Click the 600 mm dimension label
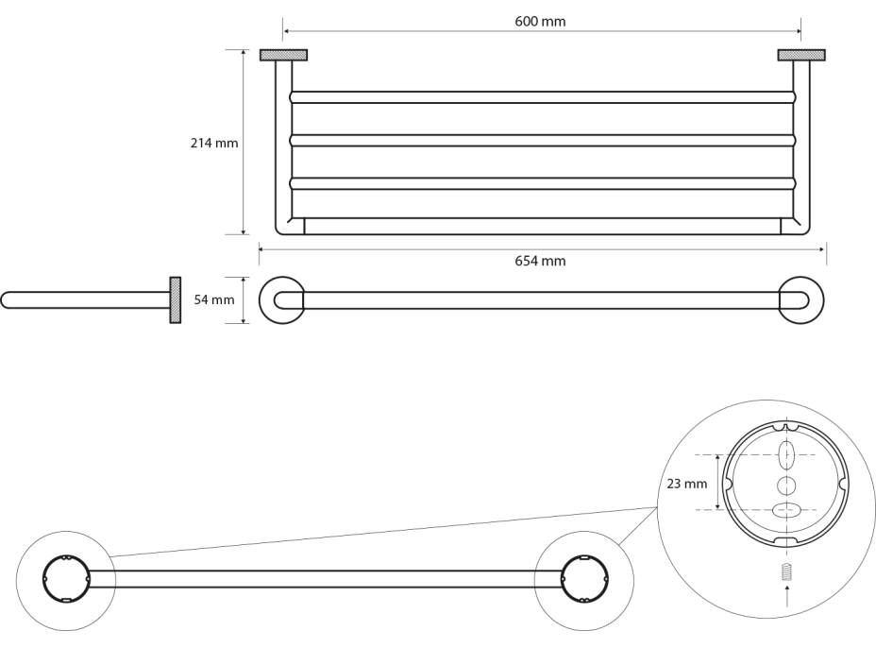pyautogui.click(x=541, y=21)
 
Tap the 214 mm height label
pyautogui.click(x=214, y=144)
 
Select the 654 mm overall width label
pyautogui.click(x=541, y=261)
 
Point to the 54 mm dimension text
pyautogui.click(x=213, y=300)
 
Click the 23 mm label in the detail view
pyautogui.click(x=686, y=484)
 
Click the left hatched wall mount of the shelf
pyautogui.click(x=283, y=55)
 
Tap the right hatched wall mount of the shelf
pyautogui.click(x=801, y=55)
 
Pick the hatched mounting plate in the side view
pyautogui.click(x=176, y=300)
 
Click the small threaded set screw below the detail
pyautogui.click(x=786, y=571)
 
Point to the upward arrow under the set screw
pyautogui.click(x=786, y=596)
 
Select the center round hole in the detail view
pyautogui.click(x=785, y=485)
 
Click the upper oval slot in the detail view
pyautogui.click(x=786, y=454)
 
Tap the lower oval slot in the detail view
pyautogui.click(x=785, y=510)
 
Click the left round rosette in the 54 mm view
pyautogui.click(x=281, y=300)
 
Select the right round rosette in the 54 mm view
pyautogui.click(x=800, y=300)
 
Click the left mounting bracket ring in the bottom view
pyautogui.click(x=65, y=579)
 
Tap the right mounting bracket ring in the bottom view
pyautogui.click(x=583, y=579)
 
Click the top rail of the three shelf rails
pyautogui.click(x=543, y=96)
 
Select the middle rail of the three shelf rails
pyautogui.click(x=543, y=140)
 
